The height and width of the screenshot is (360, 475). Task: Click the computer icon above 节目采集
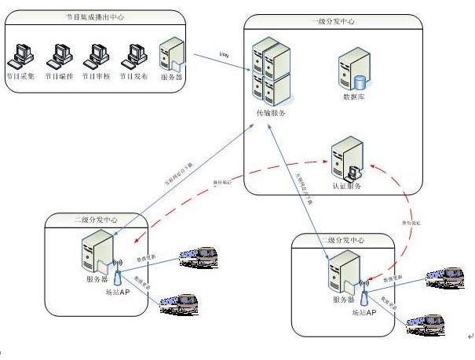pos(21,54)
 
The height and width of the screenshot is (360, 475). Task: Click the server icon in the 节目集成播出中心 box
pos(172,54)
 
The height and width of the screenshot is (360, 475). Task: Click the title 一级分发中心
pos(332,22)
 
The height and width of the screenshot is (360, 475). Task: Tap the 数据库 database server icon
pos(353,72)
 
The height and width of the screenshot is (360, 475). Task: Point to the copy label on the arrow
pos(224,54)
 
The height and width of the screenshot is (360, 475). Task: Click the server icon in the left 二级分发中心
pos(96,256)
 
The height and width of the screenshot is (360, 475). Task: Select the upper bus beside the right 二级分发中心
pos(445,275)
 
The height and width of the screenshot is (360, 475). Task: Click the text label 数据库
pos(354,97)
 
